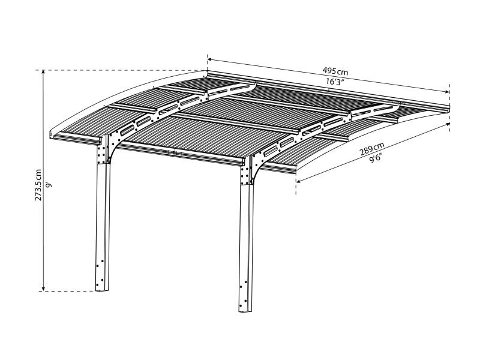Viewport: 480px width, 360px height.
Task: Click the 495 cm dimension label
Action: [335, 71]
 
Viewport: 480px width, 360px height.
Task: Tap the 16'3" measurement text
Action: [335, 82]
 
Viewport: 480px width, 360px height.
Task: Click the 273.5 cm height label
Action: [38, 185]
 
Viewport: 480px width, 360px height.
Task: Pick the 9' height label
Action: [48, 185]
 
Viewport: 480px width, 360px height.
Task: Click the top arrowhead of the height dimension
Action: [43, 72]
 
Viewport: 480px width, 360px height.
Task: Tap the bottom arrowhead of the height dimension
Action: [43, 289]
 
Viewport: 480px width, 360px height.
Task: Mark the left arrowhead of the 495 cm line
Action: [210, 59]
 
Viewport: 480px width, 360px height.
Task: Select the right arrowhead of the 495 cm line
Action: [447, 92]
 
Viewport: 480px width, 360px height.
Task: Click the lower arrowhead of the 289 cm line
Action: [298, 181]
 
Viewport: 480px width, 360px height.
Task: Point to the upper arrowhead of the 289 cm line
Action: [448, 124]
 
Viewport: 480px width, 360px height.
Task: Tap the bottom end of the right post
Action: [245, 310]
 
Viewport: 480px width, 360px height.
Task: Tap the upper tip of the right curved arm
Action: [398, 104]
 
